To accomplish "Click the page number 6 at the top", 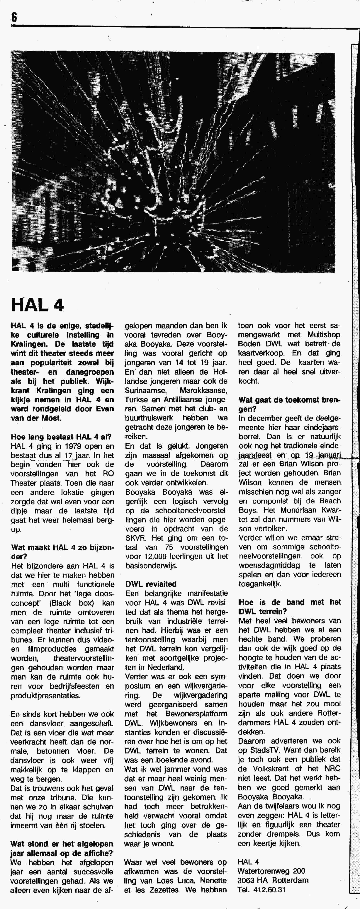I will pyautogui.click(x=14, y=17).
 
